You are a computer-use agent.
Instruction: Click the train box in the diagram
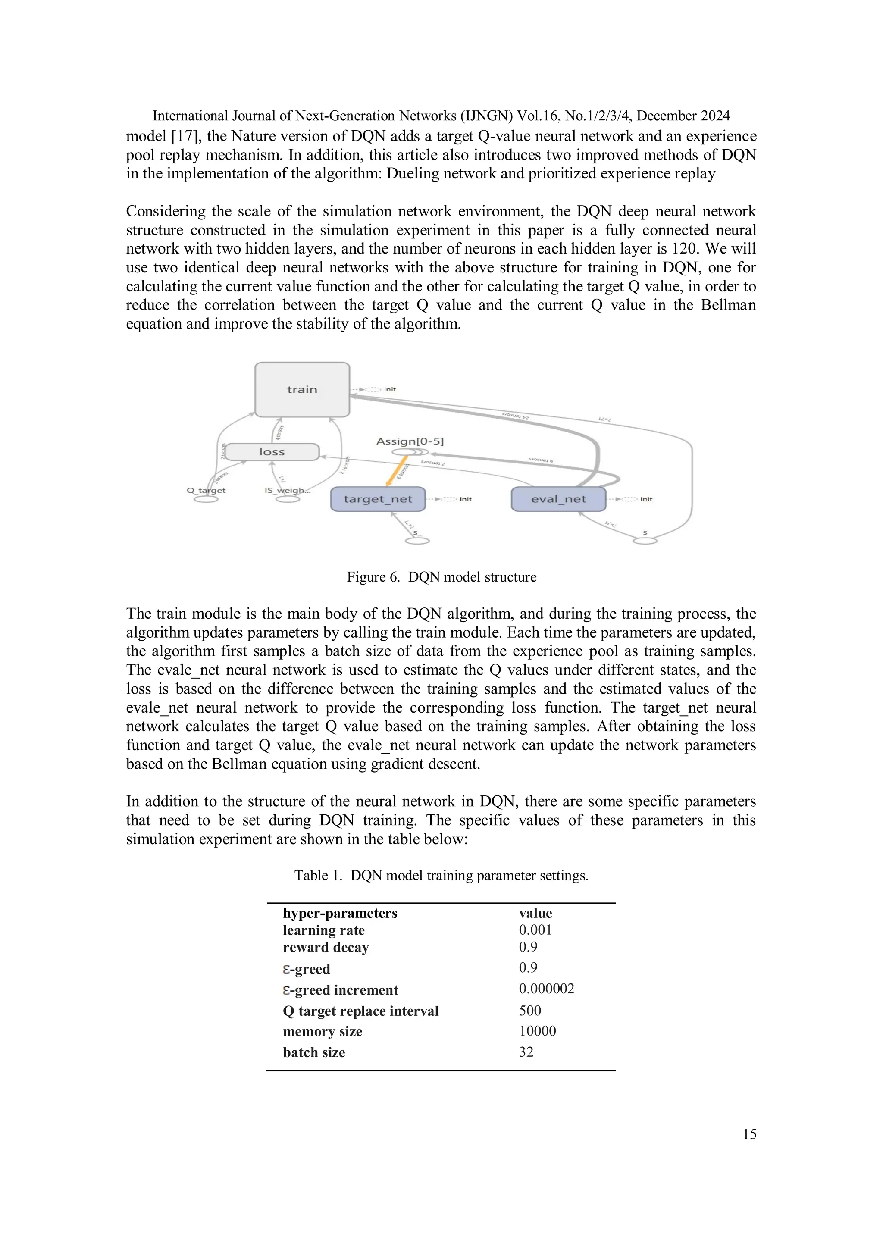(302, 389)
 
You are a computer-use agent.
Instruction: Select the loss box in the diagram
(272, 451)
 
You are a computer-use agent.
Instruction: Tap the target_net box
(378, 499)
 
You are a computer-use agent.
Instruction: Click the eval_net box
(558, 499)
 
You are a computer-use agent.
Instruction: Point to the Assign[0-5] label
(410, 441)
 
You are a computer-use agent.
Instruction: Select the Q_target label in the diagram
(206, 490)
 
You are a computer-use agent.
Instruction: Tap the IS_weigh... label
(287, 490)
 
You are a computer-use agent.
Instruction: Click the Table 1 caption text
(441, 875)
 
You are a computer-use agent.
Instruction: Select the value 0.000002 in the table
(546, 989)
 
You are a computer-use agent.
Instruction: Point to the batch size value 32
(526, 1052)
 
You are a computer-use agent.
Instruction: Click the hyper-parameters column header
(340, 913)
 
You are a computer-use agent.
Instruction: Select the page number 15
(749, 1134)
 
